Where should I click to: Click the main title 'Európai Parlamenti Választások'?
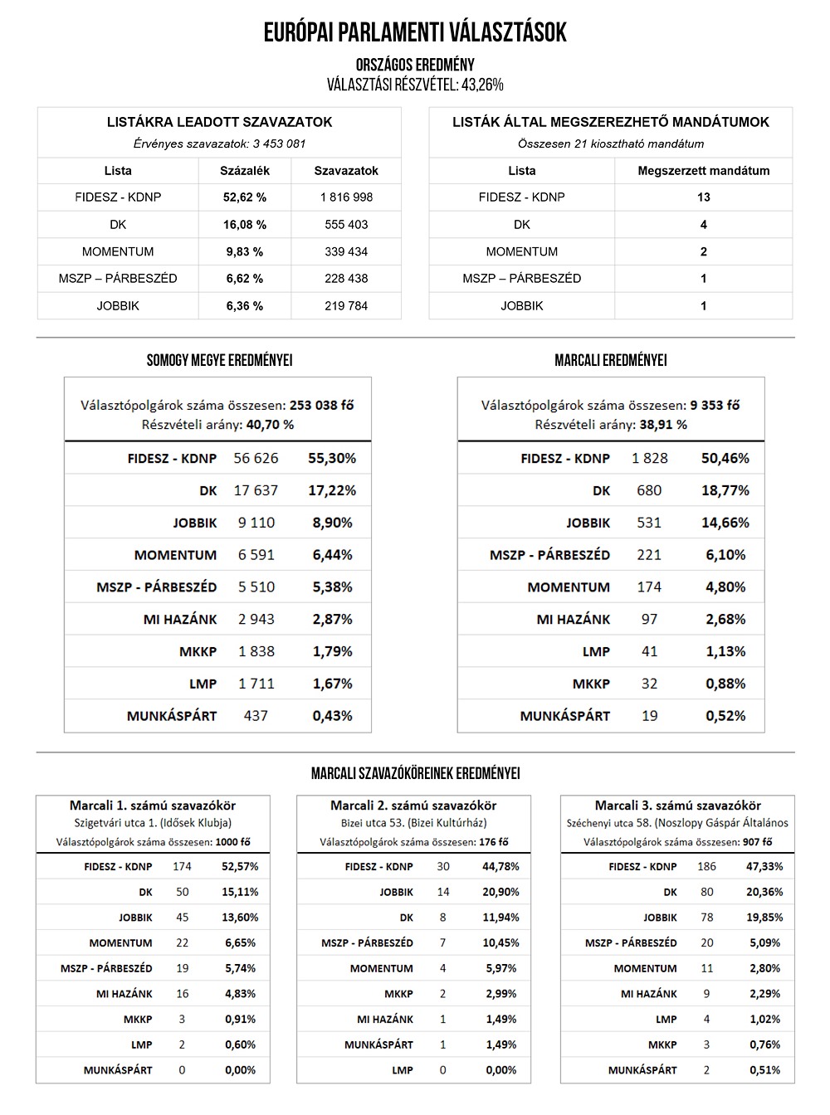point(415,32)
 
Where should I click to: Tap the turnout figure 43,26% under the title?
point(481,85)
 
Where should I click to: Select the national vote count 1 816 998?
point(346,197)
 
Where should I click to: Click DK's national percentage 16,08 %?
point(245,225)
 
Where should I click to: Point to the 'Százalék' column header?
point(245,171)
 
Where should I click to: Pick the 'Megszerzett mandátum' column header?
point(703,171)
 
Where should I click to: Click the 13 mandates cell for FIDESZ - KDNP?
point(704,197)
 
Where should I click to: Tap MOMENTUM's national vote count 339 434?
point(346,251)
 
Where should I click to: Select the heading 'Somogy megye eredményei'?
point(219,361)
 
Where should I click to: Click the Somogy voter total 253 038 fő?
point(322,406)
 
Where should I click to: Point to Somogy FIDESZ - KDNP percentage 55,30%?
point(332,458)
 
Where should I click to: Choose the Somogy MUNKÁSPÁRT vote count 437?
point(256,716)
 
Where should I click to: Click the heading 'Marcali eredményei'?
point(610,361)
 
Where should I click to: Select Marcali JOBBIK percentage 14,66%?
point(725,523)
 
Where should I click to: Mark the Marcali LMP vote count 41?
point(649,651)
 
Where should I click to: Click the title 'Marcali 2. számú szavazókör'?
point(413,806)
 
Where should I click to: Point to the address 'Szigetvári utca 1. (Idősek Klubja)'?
point(153,823)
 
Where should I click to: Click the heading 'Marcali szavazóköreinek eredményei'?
point(415,773)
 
